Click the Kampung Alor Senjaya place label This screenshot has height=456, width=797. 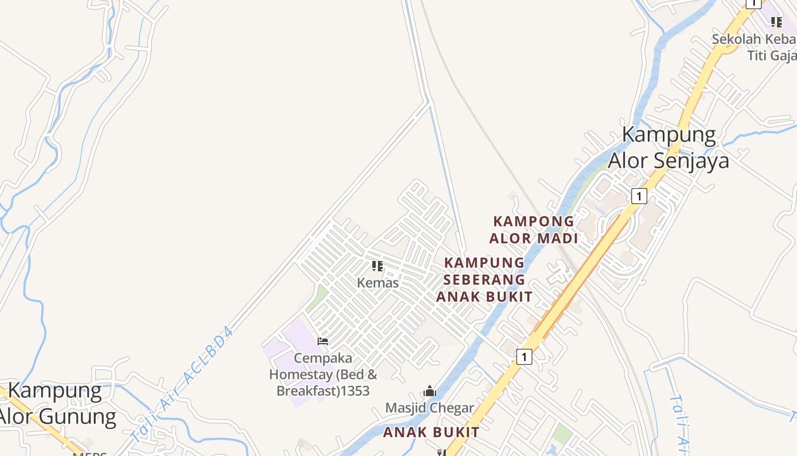(669, 147)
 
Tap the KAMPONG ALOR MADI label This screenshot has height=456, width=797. (533, 230)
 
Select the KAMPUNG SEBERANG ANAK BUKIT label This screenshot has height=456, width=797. (484, 279)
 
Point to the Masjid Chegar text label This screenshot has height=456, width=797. (429, 408)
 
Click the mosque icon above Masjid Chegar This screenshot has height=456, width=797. (430, 392)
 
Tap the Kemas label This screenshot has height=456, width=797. (377, 283)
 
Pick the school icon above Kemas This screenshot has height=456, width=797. (377, 266)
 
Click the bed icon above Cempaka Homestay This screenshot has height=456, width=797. (323, 341)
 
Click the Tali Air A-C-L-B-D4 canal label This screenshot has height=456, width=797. (182, 385)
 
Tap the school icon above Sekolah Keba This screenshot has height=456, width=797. (776, 22)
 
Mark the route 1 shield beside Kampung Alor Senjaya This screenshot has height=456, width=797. (639, 196)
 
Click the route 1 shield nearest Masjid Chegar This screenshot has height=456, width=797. (524, 357)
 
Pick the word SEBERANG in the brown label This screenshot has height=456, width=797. (484, 279)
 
